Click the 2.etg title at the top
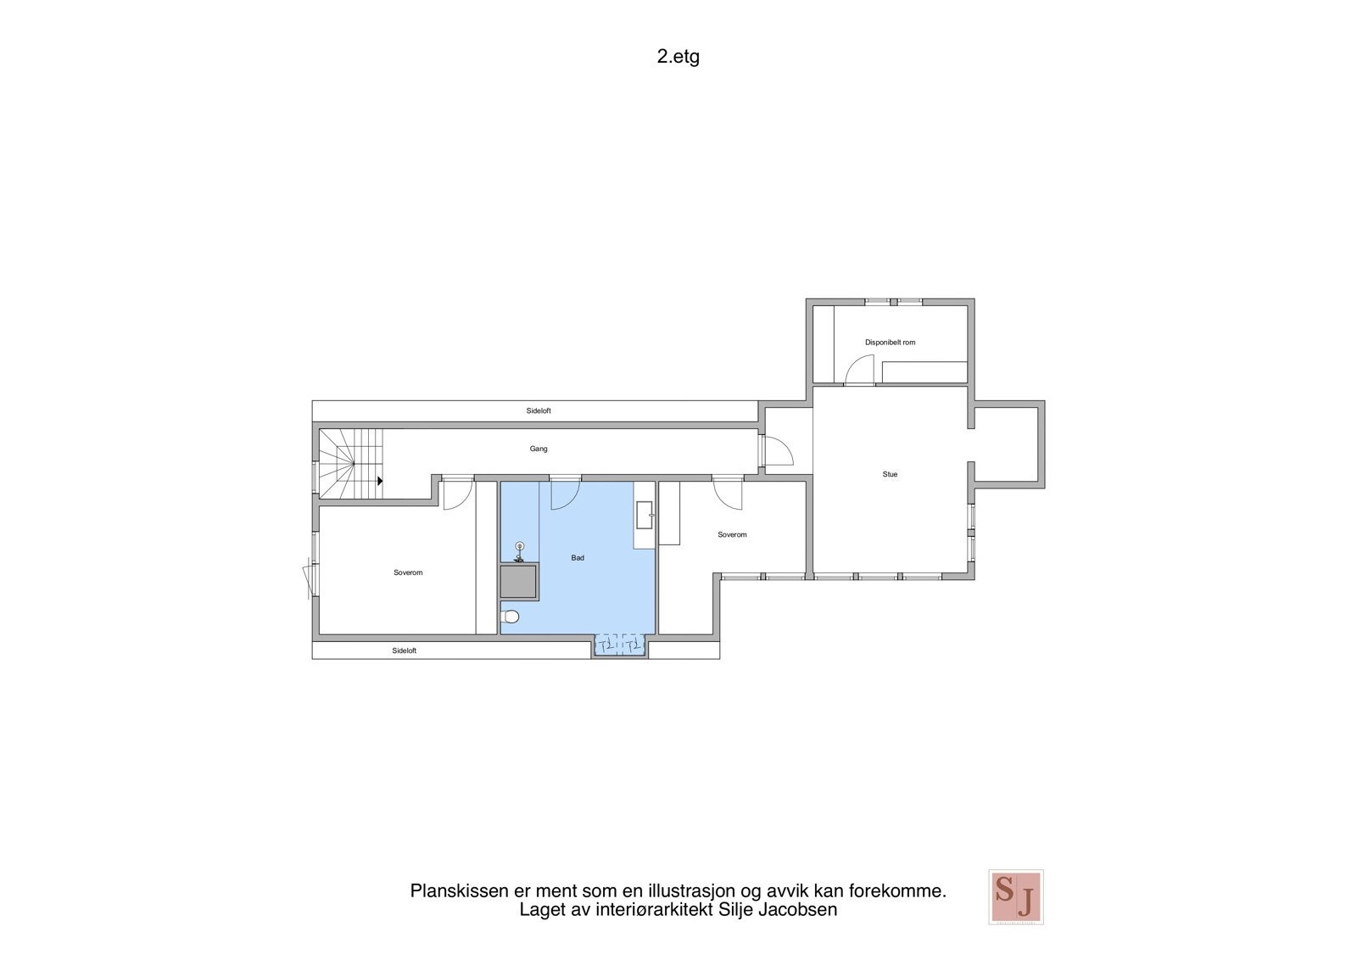tap(678, 58)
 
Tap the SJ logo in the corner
tap(1015, 896)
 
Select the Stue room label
tap(890, 474)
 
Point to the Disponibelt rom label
tap(890, 343)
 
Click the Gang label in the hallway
tap(539, 449)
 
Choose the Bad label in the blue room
tap(578, 558)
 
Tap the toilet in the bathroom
tap(510, 617)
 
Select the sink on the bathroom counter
tap(645, 511)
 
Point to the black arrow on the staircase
tap(380, 481)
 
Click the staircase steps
tap(352, 462)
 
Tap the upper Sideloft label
tap(539, 410)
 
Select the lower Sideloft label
tap(405, 650)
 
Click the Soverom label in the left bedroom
tap(408, 572)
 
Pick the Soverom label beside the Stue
tap(732, 534)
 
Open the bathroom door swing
tap(564, 494)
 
